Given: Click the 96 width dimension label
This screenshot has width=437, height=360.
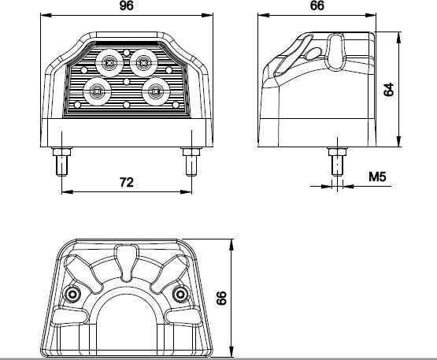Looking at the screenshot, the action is click(x=126, y=6).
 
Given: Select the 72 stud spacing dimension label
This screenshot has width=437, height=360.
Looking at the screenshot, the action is click(x=127, y=182).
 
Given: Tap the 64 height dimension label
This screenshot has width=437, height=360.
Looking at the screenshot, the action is click(x=388, y=89).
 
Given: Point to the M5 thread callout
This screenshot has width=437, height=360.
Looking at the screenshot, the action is click(x=377, y=176).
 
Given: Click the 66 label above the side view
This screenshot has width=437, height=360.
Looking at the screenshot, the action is click(x=317, y=6).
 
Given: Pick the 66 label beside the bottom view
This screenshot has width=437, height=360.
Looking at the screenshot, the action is click(x=221, y=298).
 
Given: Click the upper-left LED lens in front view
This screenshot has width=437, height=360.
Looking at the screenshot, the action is click(x=109, y=63).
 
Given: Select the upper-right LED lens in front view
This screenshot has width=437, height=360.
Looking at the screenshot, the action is click(x=143, y=63).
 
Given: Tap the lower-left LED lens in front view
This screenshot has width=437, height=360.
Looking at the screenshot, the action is click(x=97, y=91).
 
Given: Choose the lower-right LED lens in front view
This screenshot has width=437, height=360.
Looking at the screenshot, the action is click(x=156, y=91).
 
